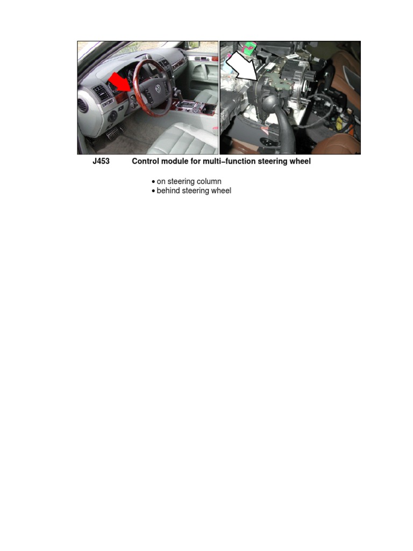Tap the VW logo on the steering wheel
(x=159, y=88)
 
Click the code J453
(x=101, y=161)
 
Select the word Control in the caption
(x=145, y=161)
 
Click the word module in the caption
(x=175, y=161)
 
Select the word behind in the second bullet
(x=168, y=190)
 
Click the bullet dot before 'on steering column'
(x=153, y=182)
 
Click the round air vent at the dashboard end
(x=83, y=105)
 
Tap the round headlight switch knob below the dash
(x=112, y=116)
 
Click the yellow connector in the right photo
(x=340, y=121)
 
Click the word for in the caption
(x=196, y=161)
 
